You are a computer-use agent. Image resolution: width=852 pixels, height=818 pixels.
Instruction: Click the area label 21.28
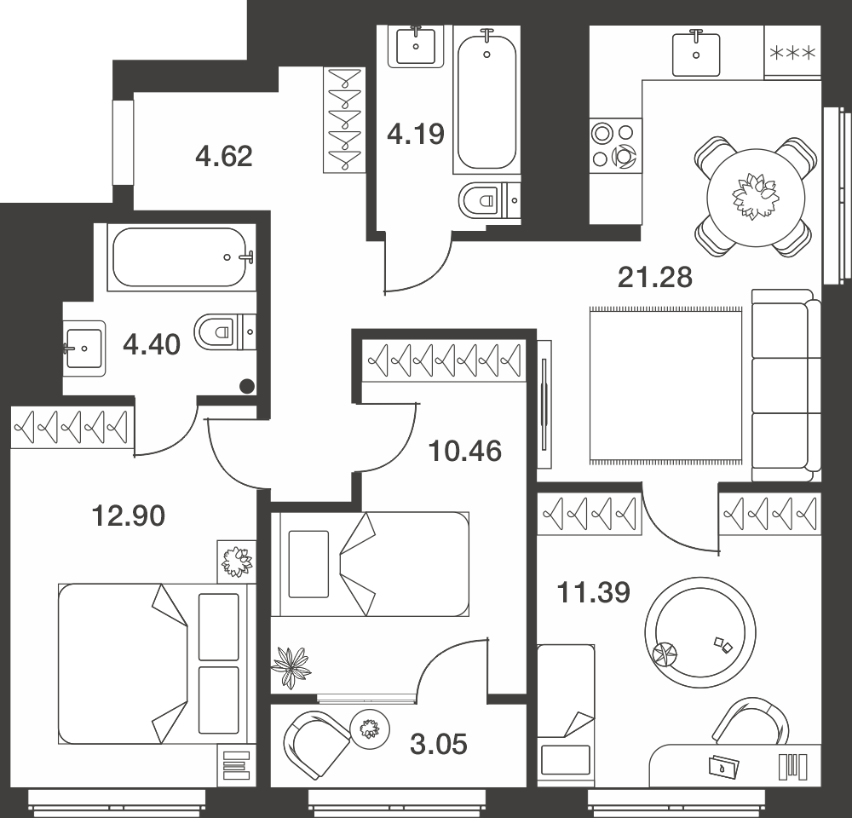click(654, 277)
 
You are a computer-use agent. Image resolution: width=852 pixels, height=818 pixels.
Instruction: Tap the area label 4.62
click(224, 157)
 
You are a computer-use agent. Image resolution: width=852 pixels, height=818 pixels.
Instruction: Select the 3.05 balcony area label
click(439, 744)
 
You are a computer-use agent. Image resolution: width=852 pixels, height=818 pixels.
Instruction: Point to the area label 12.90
click(129, 516)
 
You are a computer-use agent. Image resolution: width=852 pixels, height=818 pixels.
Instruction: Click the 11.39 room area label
click(593, 592)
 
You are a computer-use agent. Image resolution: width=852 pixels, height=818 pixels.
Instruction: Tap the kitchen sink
click(696, 54)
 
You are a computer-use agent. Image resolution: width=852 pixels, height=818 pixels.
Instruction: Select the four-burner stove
click(616, 145)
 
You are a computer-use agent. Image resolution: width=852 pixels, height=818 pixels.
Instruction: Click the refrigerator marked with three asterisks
click(792, 53)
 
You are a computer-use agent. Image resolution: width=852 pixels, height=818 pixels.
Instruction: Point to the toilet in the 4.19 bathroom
click(488, 200)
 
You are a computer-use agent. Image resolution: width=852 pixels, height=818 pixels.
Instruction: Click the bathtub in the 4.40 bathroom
click(181, 257)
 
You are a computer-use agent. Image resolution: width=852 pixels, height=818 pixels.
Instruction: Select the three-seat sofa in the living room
click(786, 385)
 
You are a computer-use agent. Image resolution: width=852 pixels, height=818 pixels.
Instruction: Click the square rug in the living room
click(665, 386)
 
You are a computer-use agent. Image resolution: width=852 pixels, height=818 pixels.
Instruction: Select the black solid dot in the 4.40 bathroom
click(247, 386)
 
